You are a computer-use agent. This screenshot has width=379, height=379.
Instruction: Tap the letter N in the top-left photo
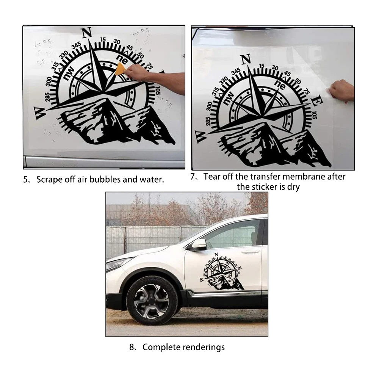coord(87,33)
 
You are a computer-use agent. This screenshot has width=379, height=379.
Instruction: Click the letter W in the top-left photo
coord(39,113)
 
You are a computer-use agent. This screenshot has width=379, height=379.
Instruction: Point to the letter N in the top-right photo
coord(246,60)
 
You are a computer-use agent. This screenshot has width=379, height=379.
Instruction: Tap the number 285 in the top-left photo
coord(48,97)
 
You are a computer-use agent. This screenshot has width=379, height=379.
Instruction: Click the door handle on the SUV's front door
coord(250,251)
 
